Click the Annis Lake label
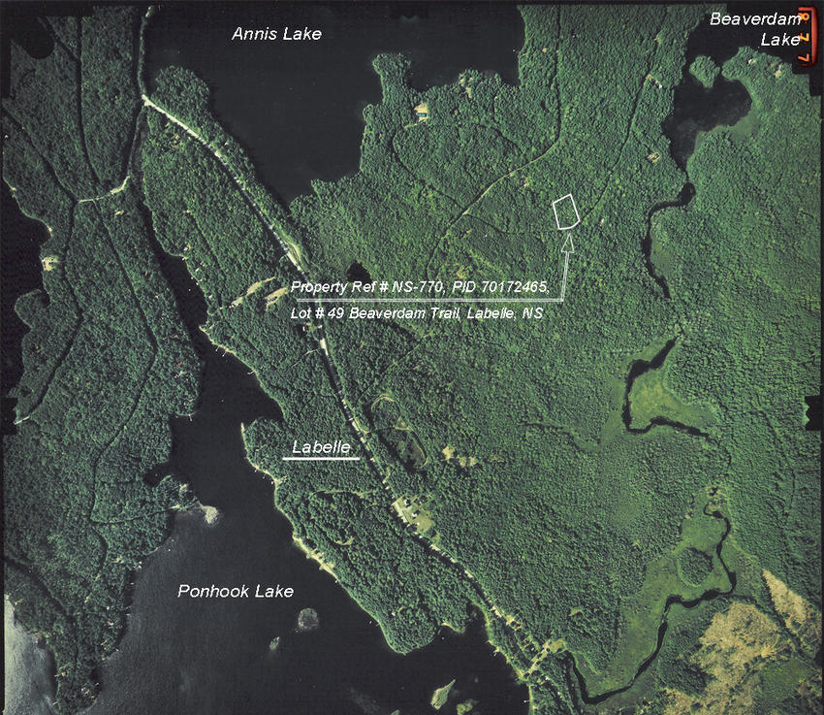tap(276, 34)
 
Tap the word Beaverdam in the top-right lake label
tap(755, 18)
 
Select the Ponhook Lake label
tap(235, 591)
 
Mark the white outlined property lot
tap(565, 211)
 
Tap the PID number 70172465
tap(515, 287)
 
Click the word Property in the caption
tap(320, 287)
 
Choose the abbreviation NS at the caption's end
tap(532, 314)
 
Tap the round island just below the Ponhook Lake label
tap(309, 618)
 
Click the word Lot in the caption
tap(301, 314)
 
